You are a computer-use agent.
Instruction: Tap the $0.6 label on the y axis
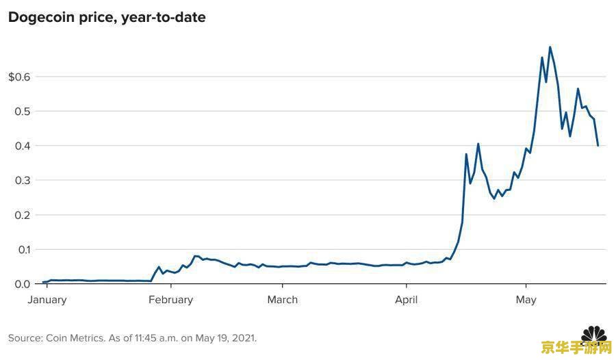click(x=19, y=77)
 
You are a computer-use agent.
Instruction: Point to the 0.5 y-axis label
click(x=23, y=112)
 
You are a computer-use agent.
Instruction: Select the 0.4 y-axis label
click(x=23, y=146)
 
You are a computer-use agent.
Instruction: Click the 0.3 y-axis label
click(x=23, y=181)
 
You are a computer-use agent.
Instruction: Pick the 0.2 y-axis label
click(x=23, y=215)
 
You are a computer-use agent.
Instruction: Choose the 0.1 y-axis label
click(x=23, y=250)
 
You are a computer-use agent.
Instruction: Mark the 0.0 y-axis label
click(x=23, y=284)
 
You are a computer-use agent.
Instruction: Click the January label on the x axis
click(x=47, y=300)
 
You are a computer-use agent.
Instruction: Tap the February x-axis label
click(x=170, y=300)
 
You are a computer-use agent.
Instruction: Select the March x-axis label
click(x=282, y=300)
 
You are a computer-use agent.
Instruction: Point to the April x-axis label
click(x=407, y=300)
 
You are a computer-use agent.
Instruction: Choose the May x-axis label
click(x=526, y=300)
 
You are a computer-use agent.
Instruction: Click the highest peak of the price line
click(x=550, y=47)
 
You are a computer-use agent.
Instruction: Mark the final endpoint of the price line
click(x=598, y=145)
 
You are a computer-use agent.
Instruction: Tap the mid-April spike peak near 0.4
click(x=478, y=144)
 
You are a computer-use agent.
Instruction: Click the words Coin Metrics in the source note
click(x=75, y=338)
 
